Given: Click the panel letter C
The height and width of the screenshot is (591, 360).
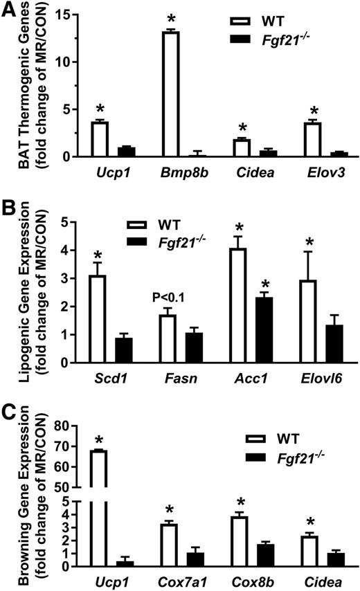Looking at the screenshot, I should click(9, 414).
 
